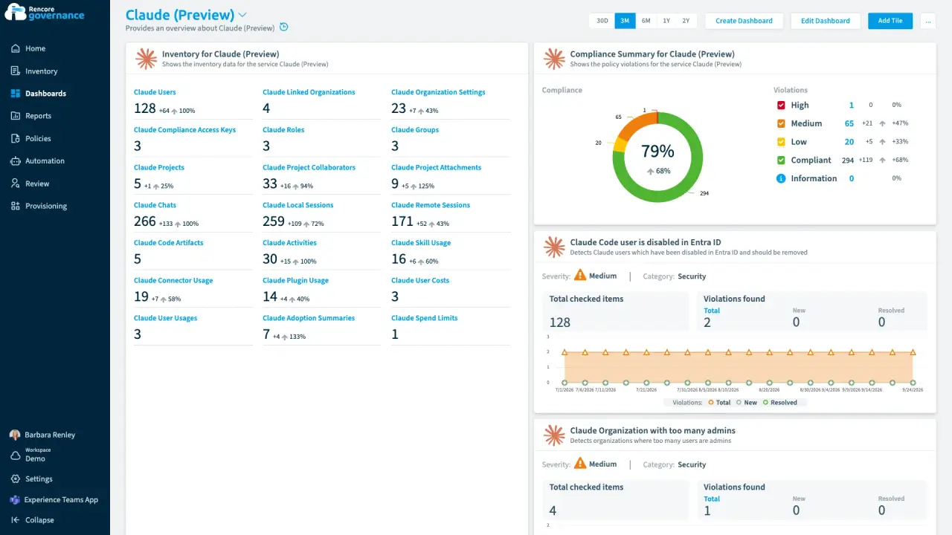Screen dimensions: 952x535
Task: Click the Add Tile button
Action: click(890, 21)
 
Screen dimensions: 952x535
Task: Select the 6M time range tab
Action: click(646, 21)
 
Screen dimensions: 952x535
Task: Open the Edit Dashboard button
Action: click(825, 21)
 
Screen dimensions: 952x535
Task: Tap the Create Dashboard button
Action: click(744, 21)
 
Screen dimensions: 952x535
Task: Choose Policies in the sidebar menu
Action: click(38, 138)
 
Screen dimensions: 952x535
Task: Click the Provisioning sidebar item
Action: click(46, 206)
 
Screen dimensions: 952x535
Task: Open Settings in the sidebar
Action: click(39, 479)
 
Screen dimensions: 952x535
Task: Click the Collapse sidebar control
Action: click(39, 520)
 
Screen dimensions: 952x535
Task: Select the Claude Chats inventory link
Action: click(155, 205)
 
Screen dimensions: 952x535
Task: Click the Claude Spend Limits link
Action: click(424, 318)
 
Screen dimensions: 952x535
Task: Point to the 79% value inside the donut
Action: click(657, 151)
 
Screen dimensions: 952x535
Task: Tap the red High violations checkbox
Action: click(781, 106)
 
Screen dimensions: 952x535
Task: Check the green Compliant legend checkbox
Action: click(781, 160)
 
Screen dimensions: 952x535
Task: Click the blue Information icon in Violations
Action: click(781, 178)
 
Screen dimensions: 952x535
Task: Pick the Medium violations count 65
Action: click(849, 123)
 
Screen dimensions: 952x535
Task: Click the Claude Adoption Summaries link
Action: click(309, 318)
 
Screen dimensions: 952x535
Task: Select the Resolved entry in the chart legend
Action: click(780, 403)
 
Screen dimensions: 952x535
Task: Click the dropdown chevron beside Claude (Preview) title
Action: click(242, 15)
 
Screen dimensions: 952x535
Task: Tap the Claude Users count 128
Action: click(144, 108)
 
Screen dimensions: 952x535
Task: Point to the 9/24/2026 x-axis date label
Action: click(913, 390)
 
